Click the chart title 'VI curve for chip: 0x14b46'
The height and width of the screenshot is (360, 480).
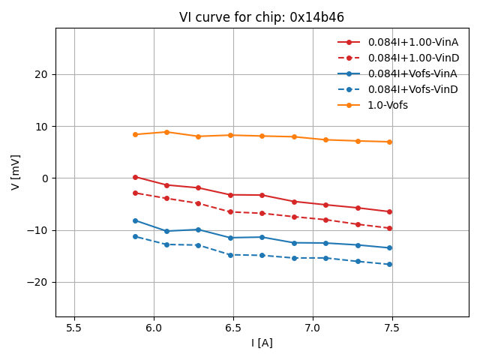262,17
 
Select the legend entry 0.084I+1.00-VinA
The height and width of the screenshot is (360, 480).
412,42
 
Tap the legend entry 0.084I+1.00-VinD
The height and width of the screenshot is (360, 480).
412,58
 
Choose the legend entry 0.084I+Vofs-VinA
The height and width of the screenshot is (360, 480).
412,73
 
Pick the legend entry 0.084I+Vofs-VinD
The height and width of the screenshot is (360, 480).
412,89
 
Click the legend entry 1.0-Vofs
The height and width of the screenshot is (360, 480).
388,105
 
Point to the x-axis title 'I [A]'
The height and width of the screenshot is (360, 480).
262,343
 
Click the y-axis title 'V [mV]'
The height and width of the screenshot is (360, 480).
16,172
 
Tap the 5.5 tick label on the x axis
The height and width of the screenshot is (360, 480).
74,328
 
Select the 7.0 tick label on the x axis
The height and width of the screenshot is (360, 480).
313,328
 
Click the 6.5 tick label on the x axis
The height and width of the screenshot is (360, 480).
233,328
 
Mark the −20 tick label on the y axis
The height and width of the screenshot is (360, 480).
38,282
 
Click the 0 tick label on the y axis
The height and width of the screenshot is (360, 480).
44,178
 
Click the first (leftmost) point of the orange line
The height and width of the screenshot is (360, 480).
135,134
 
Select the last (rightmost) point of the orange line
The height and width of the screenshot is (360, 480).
389,142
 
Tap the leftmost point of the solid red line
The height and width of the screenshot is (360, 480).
135,177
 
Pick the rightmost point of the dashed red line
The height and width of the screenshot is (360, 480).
389,228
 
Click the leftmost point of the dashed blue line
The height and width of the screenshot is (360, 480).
135,236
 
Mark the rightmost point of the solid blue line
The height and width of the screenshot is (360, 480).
389,247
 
